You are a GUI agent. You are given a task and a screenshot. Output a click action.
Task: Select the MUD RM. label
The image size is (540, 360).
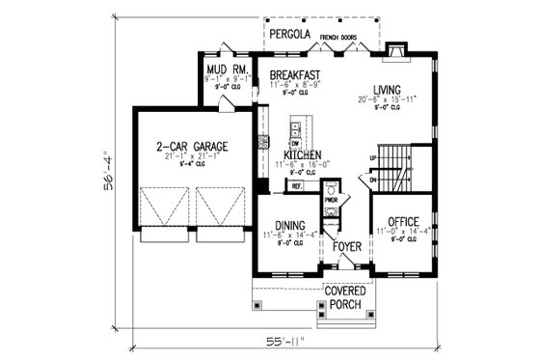click(x=224, y=70)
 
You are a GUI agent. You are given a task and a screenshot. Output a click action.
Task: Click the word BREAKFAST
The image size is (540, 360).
click(x=295, y=74)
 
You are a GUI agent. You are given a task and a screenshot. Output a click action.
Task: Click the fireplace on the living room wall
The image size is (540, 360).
click(x=395, y=53)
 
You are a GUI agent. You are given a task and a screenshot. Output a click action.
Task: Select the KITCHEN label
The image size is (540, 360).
click(x=302, y=154)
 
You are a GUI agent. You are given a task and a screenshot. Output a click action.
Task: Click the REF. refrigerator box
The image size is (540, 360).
click(x=297, y=185)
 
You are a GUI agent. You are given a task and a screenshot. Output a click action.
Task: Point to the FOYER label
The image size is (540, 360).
click(x=347, y=247)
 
